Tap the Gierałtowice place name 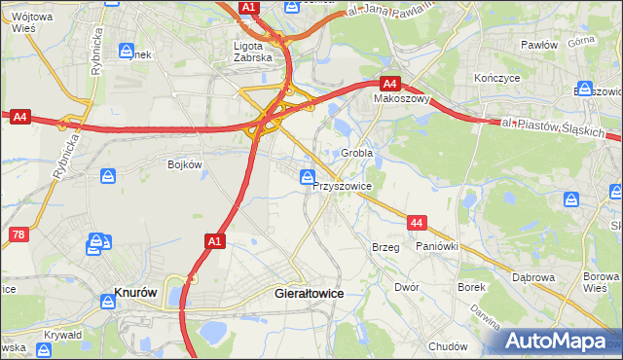click(x=311, y=292)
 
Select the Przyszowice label click(x=343, y=184)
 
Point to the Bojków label click(x=184, y=164)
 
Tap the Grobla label click(x=357, y=154)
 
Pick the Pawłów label click(x=538, y=45)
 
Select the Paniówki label click(x=436, y=248)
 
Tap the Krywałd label click(x=62, y=335)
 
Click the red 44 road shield click(x=417, y=224)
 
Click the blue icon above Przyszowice click(x=308, y=177)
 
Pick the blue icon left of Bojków click(x=109, y=176)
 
